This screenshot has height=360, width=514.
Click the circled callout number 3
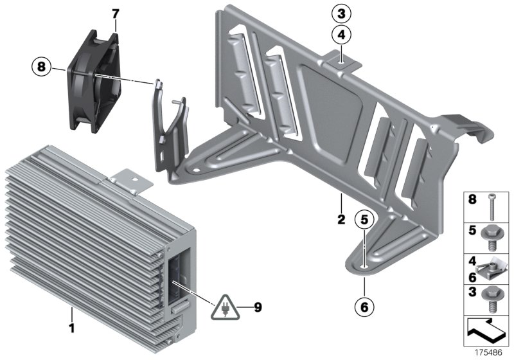coord(342,12)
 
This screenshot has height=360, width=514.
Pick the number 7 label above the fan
coord(115,14)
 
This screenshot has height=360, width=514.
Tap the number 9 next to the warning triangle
coord(258,307)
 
